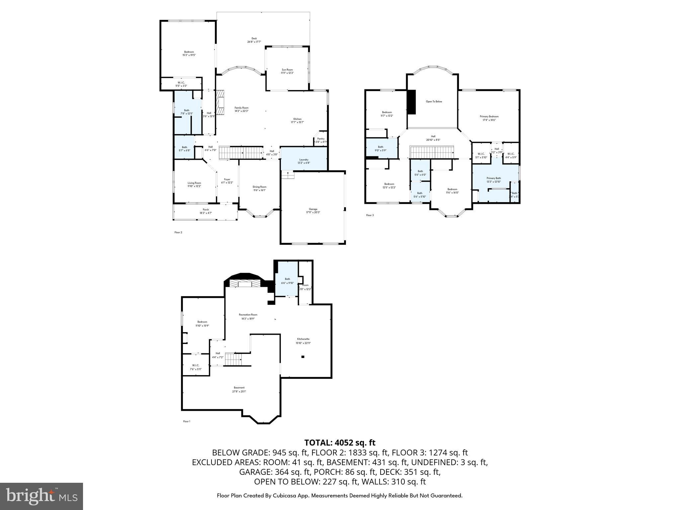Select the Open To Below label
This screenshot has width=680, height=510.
(x=434, y=102)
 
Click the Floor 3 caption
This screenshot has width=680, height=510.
(x=370, y=215)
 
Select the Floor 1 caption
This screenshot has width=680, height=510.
(x=187, y=421)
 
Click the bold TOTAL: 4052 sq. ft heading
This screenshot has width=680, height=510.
(x=340, y=443)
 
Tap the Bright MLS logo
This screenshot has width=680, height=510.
(x=42, y=496)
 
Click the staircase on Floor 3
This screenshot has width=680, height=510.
(x=432, y=153)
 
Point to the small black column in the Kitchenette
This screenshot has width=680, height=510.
(x=303, y=357)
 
